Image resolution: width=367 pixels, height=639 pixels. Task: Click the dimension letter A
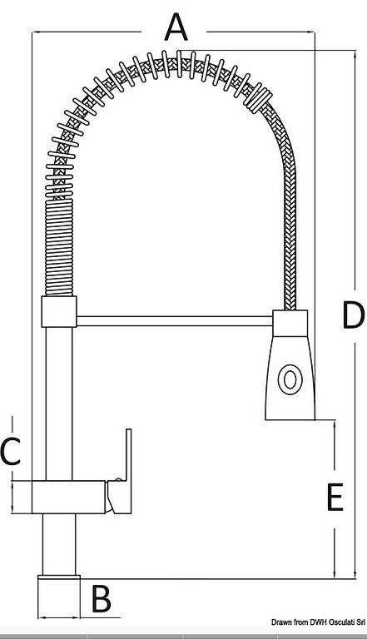coord(176,27)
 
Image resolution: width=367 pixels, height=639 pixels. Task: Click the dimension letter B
coord(102,599)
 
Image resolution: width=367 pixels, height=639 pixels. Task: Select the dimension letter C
coord(11,451)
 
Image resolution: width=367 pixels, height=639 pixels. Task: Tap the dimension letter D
coord(353,315)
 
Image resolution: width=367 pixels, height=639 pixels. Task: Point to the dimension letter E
coord(335,497)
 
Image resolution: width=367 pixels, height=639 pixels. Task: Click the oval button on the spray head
coord(290,379)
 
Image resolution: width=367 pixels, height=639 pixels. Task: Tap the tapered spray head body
coord(290,378)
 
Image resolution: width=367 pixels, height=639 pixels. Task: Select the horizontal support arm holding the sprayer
coord(174,320)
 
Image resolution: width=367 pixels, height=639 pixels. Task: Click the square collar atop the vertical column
coord(59,311)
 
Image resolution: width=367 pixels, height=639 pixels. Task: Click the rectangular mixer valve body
coord(68,497)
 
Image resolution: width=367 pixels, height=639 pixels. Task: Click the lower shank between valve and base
coord(59,544)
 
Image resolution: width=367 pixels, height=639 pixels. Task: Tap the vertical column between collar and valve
coord(59,404)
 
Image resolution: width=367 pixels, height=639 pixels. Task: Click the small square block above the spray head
coord(290,323)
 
